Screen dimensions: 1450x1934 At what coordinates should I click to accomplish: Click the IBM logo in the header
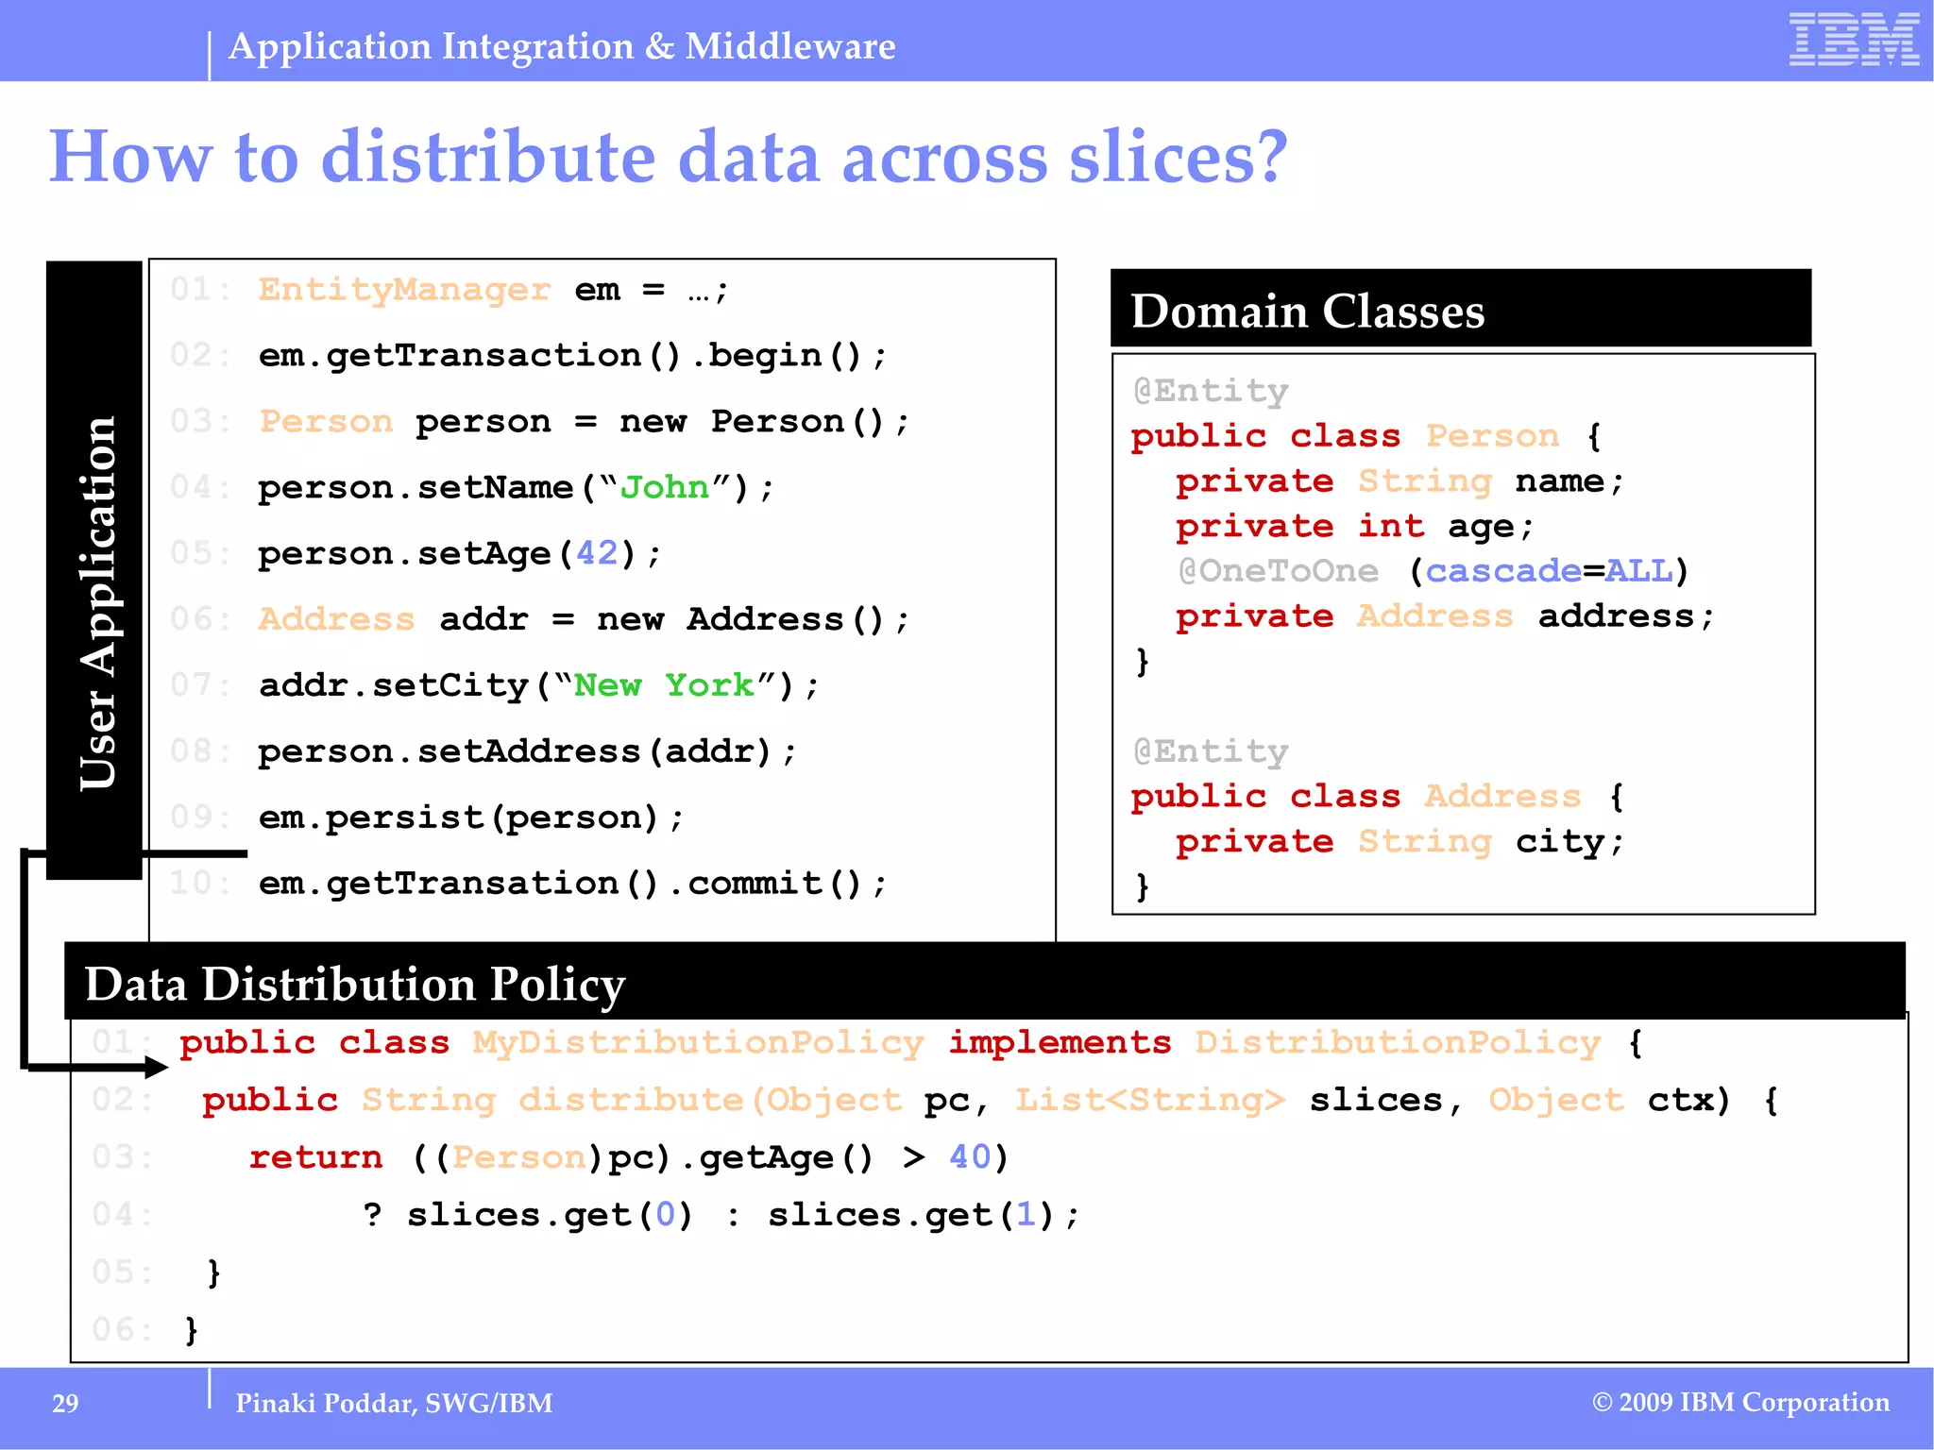pos(1853,40)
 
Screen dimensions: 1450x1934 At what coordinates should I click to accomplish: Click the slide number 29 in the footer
pos(65,1404)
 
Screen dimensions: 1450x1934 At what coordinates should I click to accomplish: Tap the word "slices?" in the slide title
pos(1178,157)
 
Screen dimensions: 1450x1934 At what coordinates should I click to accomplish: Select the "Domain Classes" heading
pos(1307,312)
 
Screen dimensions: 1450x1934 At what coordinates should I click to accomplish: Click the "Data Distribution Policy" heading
pos(355,984)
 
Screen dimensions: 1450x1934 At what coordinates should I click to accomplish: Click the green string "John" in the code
pos(664,487)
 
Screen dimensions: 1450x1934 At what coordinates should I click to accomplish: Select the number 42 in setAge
pos(597,553)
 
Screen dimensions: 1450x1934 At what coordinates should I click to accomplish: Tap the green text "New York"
pos(664,685)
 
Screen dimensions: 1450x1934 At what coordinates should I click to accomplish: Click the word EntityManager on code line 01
pos(404,289)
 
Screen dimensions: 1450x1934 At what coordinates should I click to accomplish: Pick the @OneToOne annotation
pos(1278,571)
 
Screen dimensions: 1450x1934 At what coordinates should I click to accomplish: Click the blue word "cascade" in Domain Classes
pos(1502,571)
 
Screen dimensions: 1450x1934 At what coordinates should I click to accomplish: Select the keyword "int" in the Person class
pos(1390,526)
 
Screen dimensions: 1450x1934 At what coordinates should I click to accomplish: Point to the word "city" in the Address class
pos(1559,841)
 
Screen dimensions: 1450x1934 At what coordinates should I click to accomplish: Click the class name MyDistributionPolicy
pos(698,1042)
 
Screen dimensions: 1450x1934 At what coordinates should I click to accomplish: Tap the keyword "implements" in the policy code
pos(1060,1042)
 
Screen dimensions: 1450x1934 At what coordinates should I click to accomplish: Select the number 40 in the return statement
pos(970,1157)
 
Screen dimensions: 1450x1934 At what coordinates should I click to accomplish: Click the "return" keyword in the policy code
pos(315,1157)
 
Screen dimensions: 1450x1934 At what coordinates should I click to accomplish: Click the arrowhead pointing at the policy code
pos(156,1068)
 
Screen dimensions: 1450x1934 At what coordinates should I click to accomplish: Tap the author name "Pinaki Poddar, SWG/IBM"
pos(394,1404)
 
